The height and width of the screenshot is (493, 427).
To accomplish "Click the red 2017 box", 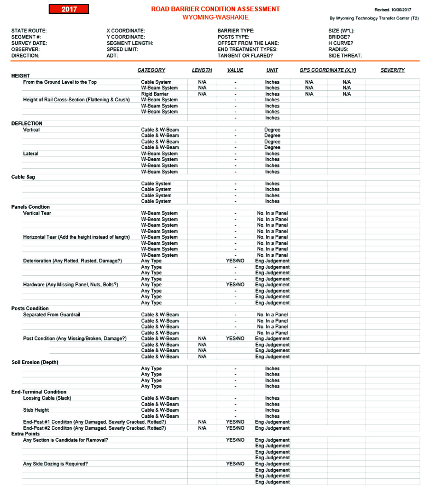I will coord(69,9).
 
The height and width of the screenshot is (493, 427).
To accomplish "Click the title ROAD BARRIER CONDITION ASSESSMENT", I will coord(215,9).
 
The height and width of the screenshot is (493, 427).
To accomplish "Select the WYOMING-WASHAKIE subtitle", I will coord(215,17).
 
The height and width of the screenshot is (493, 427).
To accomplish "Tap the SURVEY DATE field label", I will coord(29,43).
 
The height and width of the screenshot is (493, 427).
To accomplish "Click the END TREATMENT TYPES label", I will coord(247,49).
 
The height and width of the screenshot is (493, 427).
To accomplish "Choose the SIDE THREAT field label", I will coord(345,55).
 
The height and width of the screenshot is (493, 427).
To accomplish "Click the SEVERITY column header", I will coord(392,70).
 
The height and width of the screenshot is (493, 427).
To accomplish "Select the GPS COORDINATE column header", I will coord(327,70).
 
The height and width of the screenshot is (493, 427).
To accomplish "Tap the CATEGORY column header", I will coord(151,70).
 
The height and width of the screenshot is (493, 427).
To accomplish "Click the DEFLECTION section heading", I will coord(27,124).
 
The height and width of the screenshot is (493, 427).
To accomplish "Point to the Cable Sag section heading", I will coord(23,177).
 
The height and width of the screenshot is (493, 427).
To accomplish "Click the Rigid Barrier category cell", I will coord(155,94).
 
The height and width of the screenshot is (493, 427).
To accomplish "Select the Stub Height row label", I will coord(36,410).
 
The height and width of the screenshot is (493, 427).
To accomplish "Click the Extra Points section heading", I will coord(26,434).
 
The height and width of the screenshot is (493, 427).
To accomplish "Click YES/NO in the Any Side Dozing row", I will coord(235,464).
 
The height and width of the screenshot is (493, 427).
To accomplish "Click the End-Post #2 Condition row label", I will coord(94,428).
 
